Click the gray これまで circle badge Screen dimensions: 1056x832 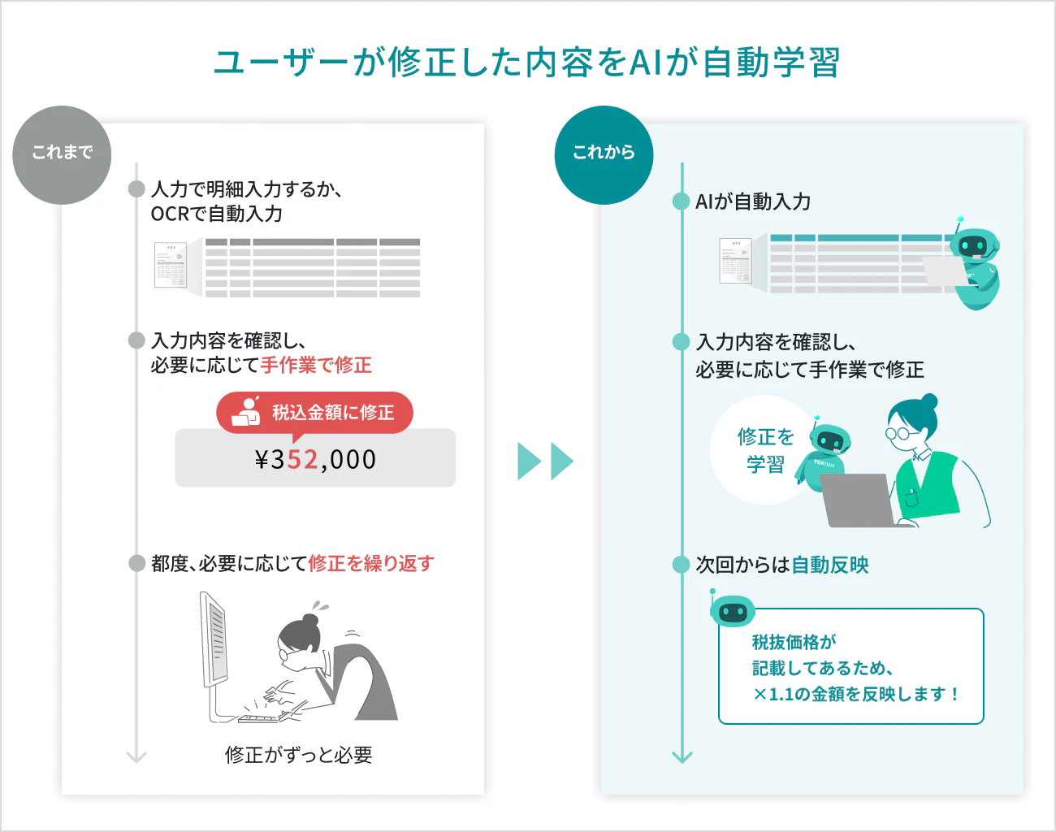click(x=62, y=154)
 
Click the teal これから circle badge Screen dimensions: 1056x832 click(x=604, y=154)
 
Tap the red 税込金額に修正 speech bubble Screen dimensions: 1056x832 click(x=314, y=413)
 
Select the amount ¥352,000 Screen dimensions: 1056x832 click(x=315, y=459)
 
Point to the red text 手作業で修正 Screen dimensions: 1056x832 click(x=316, y=365)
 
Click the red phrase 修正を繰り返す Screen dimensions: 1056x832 click(x=371, y=564)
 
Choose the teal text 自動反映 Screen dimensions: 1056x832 click(x=830, y=565)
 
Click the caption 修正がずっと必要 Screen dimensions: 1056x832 click(x=299, y=755)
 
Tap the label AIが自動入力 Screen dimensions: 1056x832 click(x=753, y=201)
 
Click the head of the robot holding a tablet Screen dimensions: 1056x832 click(x=975, y=244)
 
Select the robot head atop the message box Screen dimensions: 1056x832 click(x=733, y=611)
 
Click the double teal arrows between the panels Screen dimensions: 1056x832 click(x=546, y=461)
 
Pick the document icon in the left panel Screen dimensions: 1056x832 click(x=171, y=265)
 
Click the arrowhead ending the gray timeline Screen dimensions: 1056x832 click(x=136, y=757)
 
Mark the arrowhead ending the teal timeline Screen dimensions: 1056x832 click(x=682, y=757)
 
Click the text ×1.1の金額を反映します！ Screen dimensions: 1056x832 click(x=855, y=695)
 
